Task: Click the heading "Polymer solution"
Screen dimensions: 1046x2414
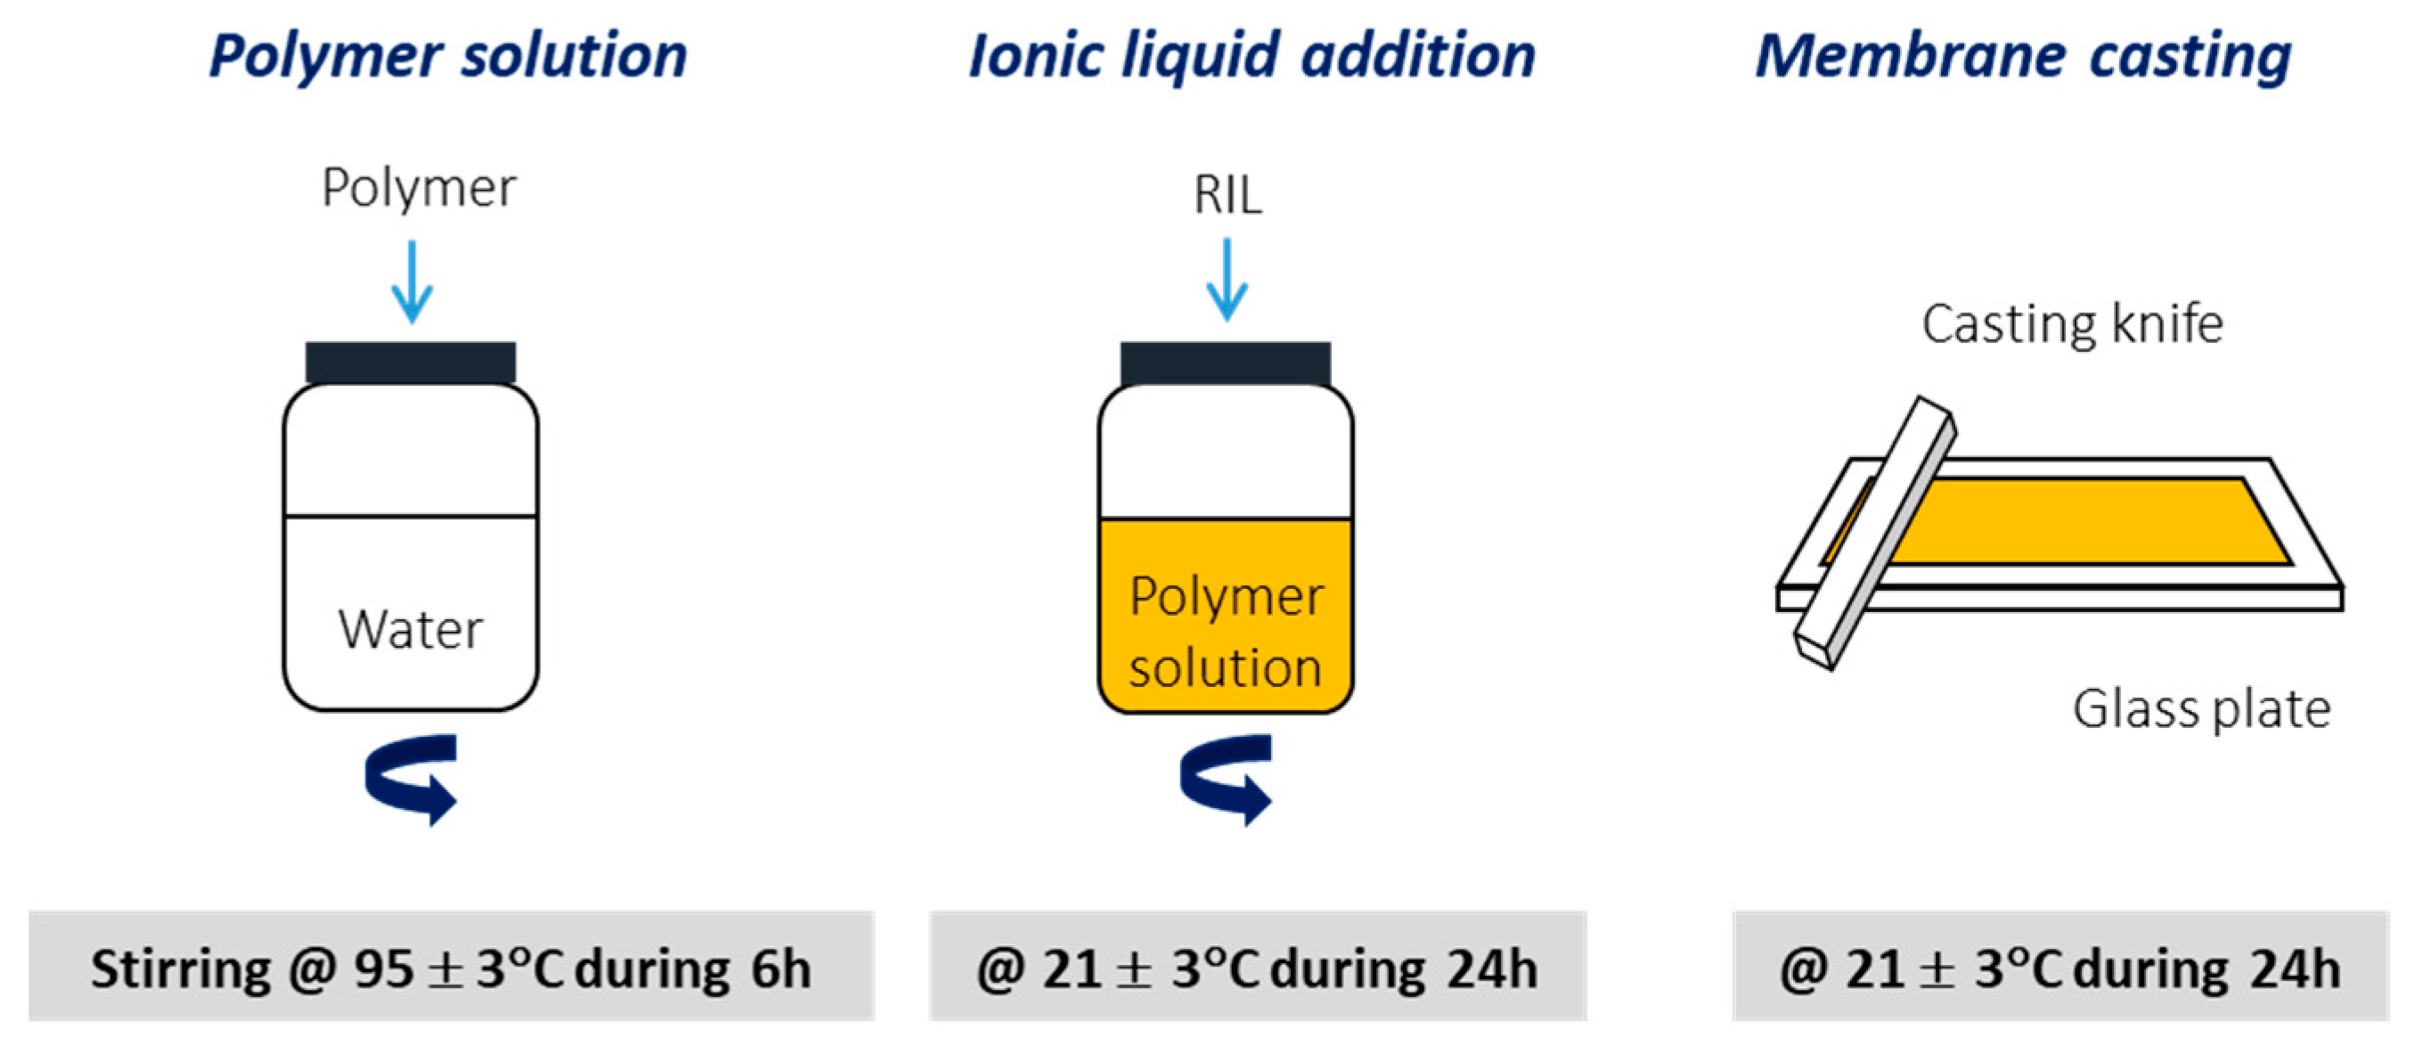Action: click(448, 56)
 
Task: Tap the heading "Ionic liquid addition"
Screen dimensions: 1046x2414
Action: click(1252, 56)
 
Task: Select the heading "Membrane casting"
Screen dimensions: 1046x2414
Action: click(2023, 56)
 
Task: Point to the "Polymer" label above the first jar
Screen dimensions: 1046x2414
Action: click(418, 187)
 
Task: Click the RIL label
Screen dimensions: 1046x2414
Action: click(1227, 195)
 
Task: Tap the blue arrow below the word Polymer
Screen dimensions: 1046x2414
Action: click(412, 282)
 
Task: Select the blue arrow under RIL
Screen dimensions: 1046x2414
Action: click(1227, 279)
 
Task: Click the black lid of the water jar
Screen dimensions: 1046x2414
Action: click(411, 363)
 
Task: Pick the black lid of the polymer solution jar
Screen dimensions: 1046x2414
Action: click(1226, 363)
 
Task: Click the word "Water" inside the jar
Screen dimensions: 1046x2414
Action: click(411, 629)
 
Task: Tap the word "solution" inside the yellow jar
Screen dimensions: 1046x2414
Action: click(1226, 668)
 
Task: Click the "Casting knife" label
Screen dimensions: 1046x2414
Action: click(2072, 324)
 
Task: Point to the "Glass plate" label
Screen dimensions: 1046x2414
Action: click(2201, 708)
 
